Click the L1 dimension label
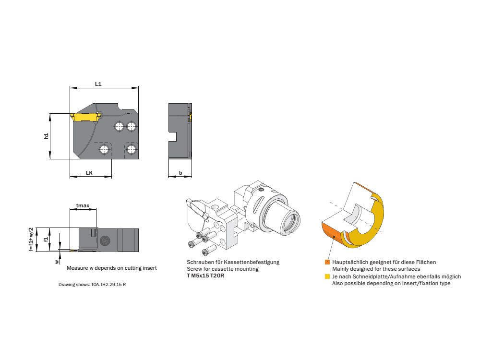point(98,84)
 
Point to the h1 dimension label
point(46,136)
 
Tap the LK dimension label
point(89,173)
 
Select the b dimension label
point(180,173)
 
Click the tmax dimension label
point(83,205)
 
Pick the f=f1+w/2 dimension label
point(31,240)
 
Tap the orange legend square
point(327,263)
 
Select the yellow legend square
point(327,277)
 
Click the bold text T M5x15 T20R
point(205,276)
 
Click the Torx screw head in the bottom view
point(105,240)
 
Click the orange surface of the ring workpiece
point(329,232)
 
